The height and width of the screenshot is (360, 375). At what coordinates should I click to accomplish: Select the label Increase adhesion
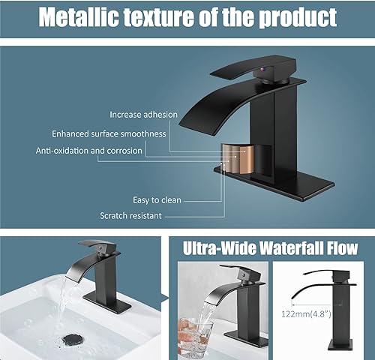tap(143, 115)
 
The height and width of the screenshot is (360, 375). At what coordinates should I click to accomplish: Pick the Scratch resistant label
tap(141, 216)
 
